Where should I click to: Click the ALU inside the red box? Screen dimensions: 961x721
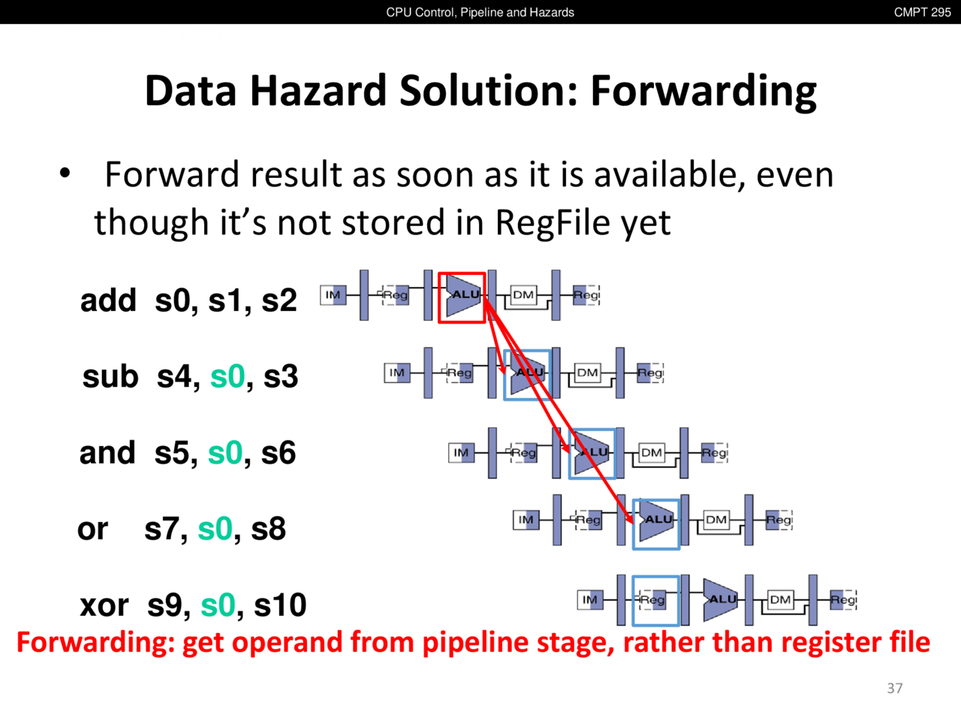(x=464, y=295)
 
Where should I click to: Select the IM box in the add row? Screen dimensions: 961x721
(x=333, y=295)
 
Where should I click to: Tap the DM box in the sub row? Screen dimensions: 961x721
(x=587, y=373)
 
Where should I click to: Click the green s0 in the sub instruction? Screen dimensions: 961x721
(x=227, y=376)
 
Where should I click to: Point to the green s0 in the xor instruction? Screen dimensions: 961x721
(x=218, y=605)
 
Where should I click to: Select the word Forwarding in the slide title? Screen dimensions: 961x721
(x=703, y=92)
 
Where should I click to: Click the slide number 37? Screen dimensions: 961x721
(x=894, y=688)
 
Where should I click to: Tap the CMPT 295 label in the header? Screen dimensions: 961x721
(x=922, y=12)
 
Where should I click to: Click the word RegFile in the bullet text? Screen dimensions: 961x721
(x=553, y=223)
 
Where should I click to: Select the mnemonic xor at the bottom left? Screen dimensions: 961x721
(x=104, y=605)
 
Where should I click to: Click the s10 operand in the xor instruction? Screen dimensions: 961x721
(x=280, y=605)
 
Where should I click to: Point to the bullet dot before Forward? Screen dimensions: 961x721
(x=65, y=173)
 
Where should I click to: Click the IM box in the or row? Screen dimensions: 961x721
(x=526, y=520)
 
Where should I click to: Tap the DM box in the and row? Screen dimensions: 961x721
(x=652, y=453)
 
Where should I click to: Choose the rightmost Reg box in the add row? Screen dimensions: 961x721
(x=586, y=295)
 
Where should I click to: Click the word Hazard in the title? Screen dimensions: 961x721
(x=319, y=91)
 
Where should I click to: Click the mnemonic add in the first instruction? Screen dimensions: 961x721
(x=108, y=300)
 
